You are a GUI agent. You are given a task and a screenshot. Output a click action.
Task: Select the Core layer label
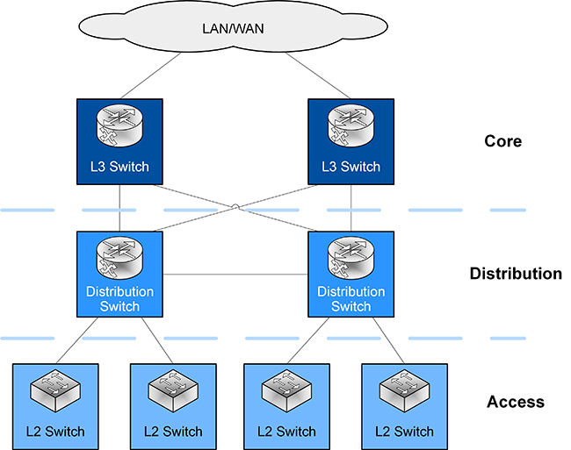click(x=502, y=140)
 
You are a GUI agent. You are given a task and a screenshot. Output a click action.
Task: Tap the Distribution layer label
click(x=516, y=274)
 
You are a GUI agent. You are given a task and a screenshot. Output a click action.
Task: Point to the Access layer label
click(x=515, y=402)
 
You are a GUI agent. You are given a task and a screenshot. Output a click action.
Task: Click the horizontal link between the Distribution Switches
click(x=235, y=275)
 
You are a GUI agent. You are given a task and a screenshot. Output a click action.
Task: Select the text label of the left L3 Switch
click(x=119, y=167)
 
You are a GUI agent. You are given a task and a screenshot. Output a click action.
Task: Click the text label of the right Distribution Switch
click(x=351, y=299)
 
